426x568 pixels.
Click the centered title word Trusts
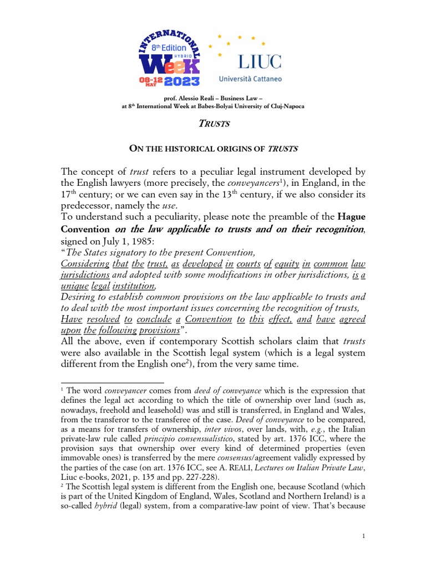click(213, 124)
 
